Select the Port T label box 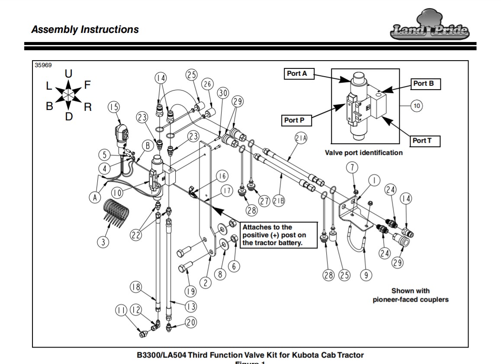point(426,141)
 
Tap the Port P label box point(297,120)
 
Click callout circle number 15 point(113,107)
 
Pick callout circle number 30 point(222,93)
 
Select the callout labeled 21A point(301,139)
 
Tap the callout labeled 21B point(279,200)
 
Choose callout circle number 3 point(103,242)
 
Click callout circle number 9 point(366,275)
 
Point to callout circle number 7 point(352,167)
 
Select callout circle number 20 point(191,322)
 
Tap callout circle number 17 point(227,190)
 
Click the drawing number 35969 point(43,65)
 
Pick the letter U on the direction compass point(68,74)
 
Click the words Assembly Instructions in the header point(85,30)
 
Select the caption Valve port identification point(363,152)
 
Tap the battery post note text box point(279,235)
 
